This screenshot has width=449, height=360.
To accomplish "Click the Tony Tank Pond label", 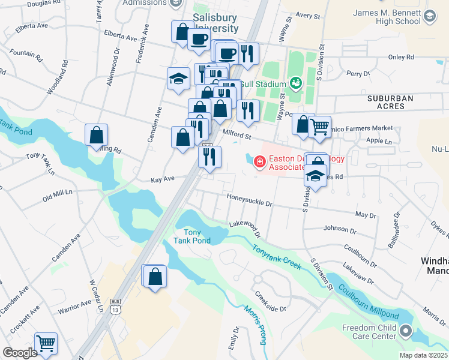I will pyautogui.click(x=192, y=236).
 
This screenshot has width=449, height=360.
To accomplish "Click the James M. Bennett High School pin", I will pyautogui.click(x=430, y=16).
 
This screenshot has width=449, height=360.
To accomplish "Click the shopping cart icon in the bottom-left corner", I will pyautogui.click(x=46, y=343).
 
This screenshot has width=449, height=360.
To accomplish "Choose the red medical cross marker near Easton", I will pyautogui.click(x=259, y=161).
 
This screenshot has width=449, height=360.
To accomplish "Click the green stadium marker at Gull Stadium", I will pyautogui.click(x=295, y=82).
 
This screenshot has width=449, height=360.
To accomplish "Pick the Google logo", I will pyautogui.click(x=19, y=353).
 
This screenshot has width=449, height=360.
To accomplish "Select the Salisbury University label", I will pyautogui.click(x=214, y=23).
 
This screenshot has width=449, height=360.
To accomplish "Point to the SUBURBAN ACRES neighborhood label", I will pyautogui.click(x=391, y=103).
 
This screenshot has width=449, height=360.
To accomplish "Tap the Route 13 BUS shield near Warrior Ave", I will pyautogui.click(x=116, y=305).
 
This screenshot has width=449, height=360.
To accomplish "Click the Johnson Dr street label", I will pyautogui.click(x=340, y=229).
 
